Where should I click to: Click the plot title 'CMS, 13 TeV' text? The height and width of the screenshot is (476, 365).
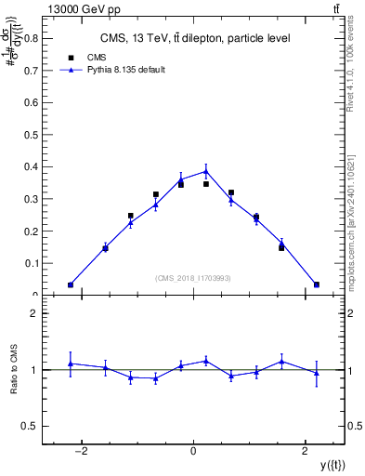(x=194, y=38)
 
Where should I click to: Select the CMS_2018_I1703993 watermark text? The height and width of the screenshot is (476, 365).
(x=193, y=277)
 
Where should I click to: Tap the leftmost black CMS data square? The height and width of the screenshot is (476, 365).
(x=71, y=284)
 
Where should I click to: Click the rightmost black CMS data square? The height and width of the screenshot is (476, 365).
(x=317, y=284)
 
